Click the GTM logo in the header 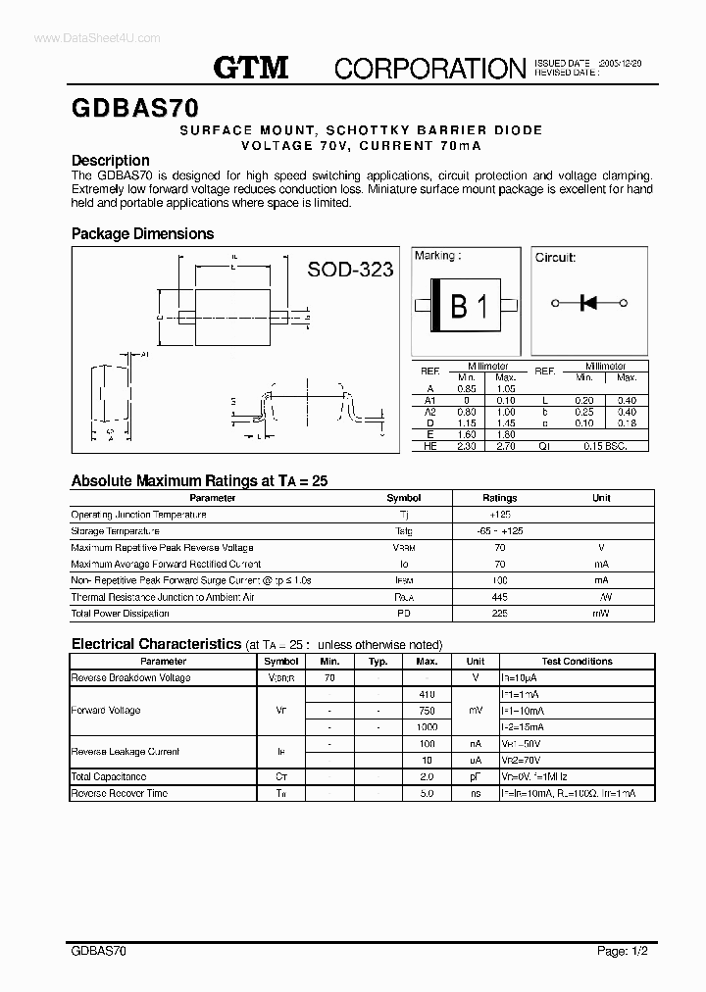(x=251, y=68)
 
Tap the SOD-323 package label (x=350, y=270)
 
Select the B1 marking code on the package (x=468, y=307)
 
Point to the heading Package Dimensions (x=142, y=234)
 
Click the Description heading (x=111, y=161)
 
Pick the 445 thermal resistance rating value (x=499, y=597)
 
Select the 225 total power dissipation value (x=499, y=614)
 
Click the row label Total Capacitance (x=109, y=776)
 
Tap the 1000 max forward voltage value (x=427, y=727)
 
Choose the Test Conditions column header (x=577, y=662)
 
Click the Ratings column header (x=499, y=498)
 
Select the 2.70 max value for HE (x=505, y=446)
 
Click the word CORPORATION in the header (x=430, y=69)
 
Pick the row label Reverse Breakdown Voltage (x=130, y=677)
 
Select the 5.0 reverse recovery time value (x=427, y=793)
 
